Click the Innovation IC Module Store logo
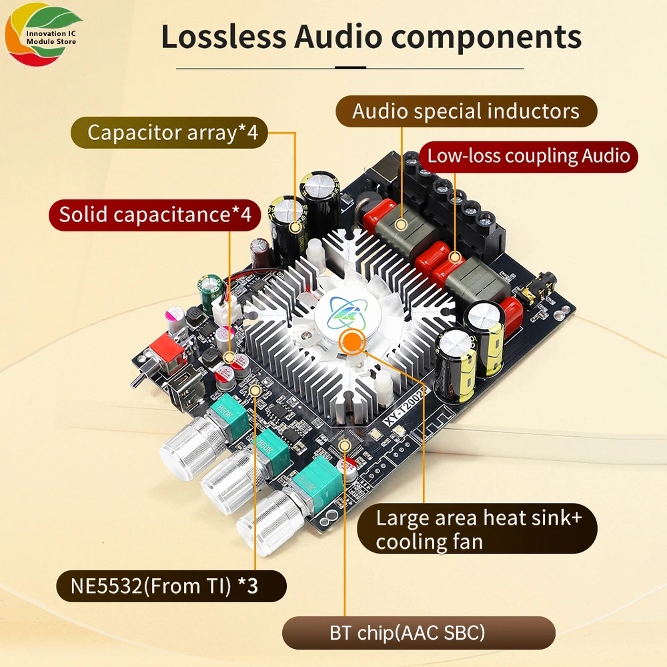43,34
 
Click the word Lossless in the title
223,37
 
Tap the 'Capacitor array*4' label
169,132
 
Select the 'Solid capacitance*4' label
155,215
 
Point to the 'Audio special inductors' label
466,111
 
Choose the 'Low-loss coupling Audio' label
528,156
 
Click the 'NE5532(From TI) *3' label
171,586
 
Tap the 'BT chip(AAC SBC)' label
419,633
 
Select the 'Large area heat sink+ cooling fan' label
477,529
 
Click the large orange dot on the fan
352,342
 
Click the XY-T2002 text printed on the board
405,408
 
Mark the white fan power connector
223,311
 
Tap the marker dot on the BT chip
345,446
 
